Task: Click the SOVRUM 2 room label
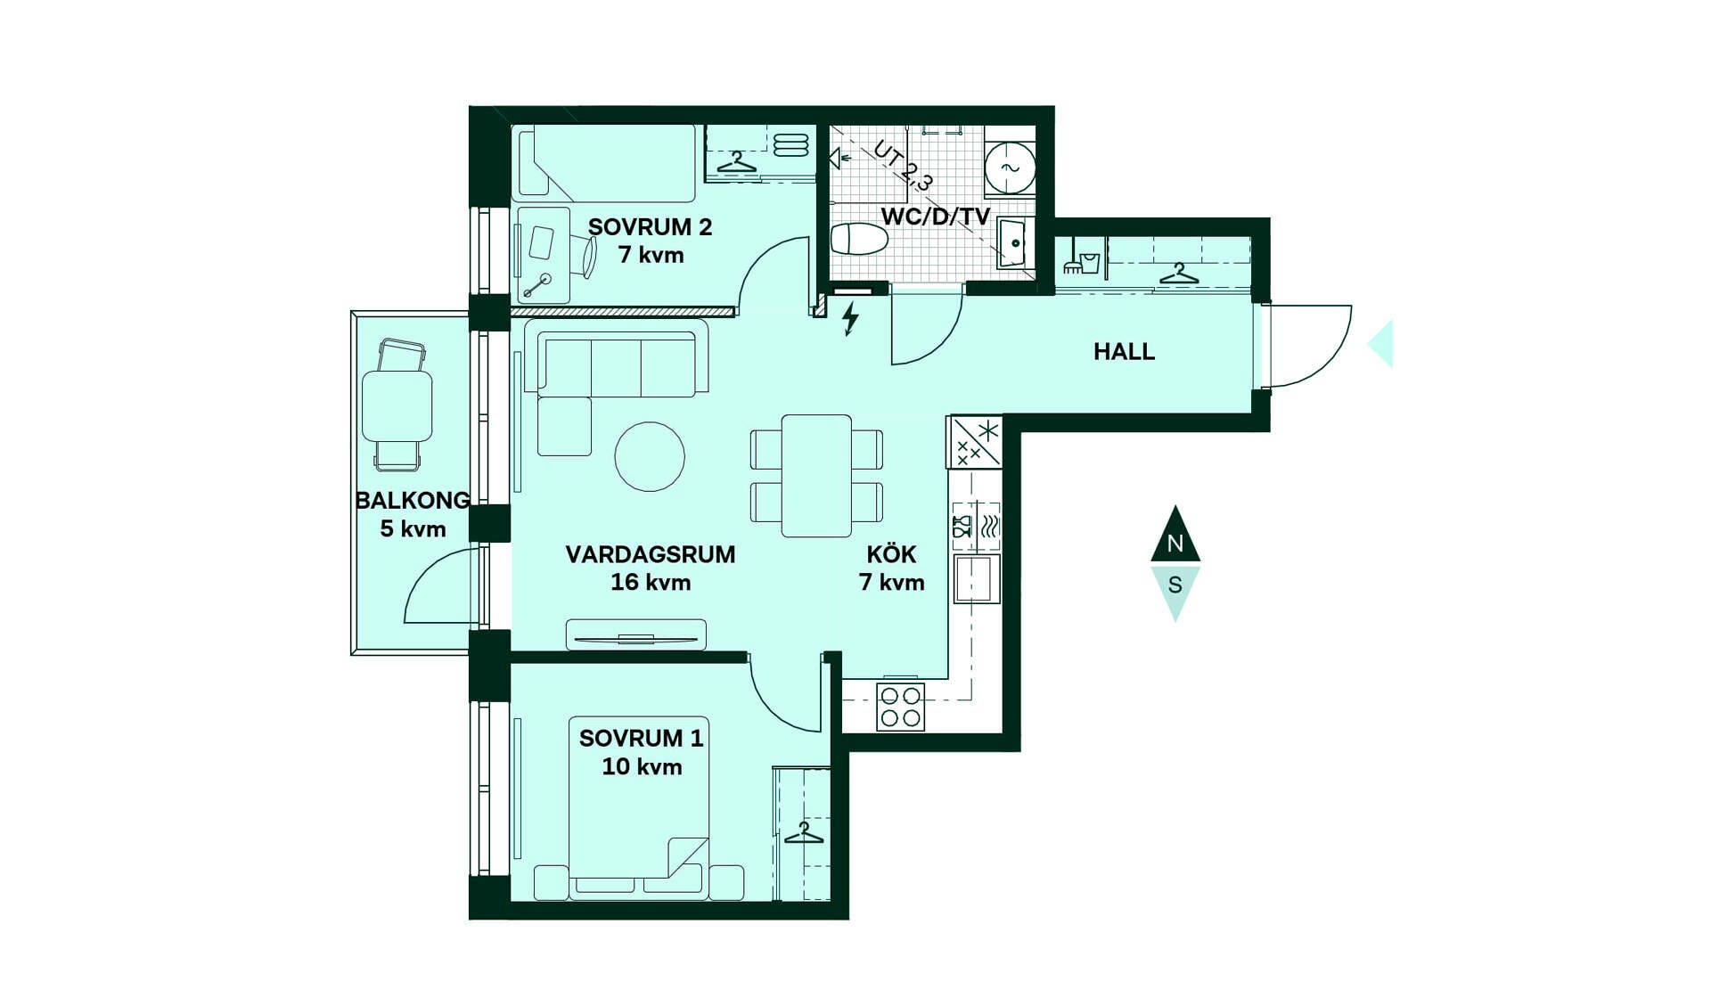(x=650, y=227)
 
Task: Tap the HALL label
(x=1124, y=352)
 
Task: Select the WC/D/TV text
(x=935, y=217)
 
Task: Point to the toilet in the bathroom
(x=859, y=239)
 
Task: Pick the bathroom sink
(x=1015, y=242)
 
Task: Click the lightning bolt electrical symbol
(x=851, y=318)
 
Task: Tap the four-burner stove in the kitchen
(x=900, y=707)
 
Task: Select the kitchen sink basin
(x=977, y=579)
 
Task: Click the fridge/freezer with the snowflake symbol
(x=974, y=442)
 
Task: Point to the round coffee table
(x=650, y=456)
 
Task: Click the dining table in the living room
(x=816, y=476)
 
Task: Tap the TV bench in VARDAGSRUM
(x=635, y=635)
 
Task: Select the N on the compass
(x=1175, y=543)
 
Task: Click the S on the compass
(x=1175, y=585)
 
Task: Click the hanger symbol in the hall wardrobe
(x=1178, y=274)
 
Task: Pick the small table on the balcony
(x=397, y=406)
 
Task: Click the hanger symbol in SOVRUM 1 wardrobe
(x=804, y=833)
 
